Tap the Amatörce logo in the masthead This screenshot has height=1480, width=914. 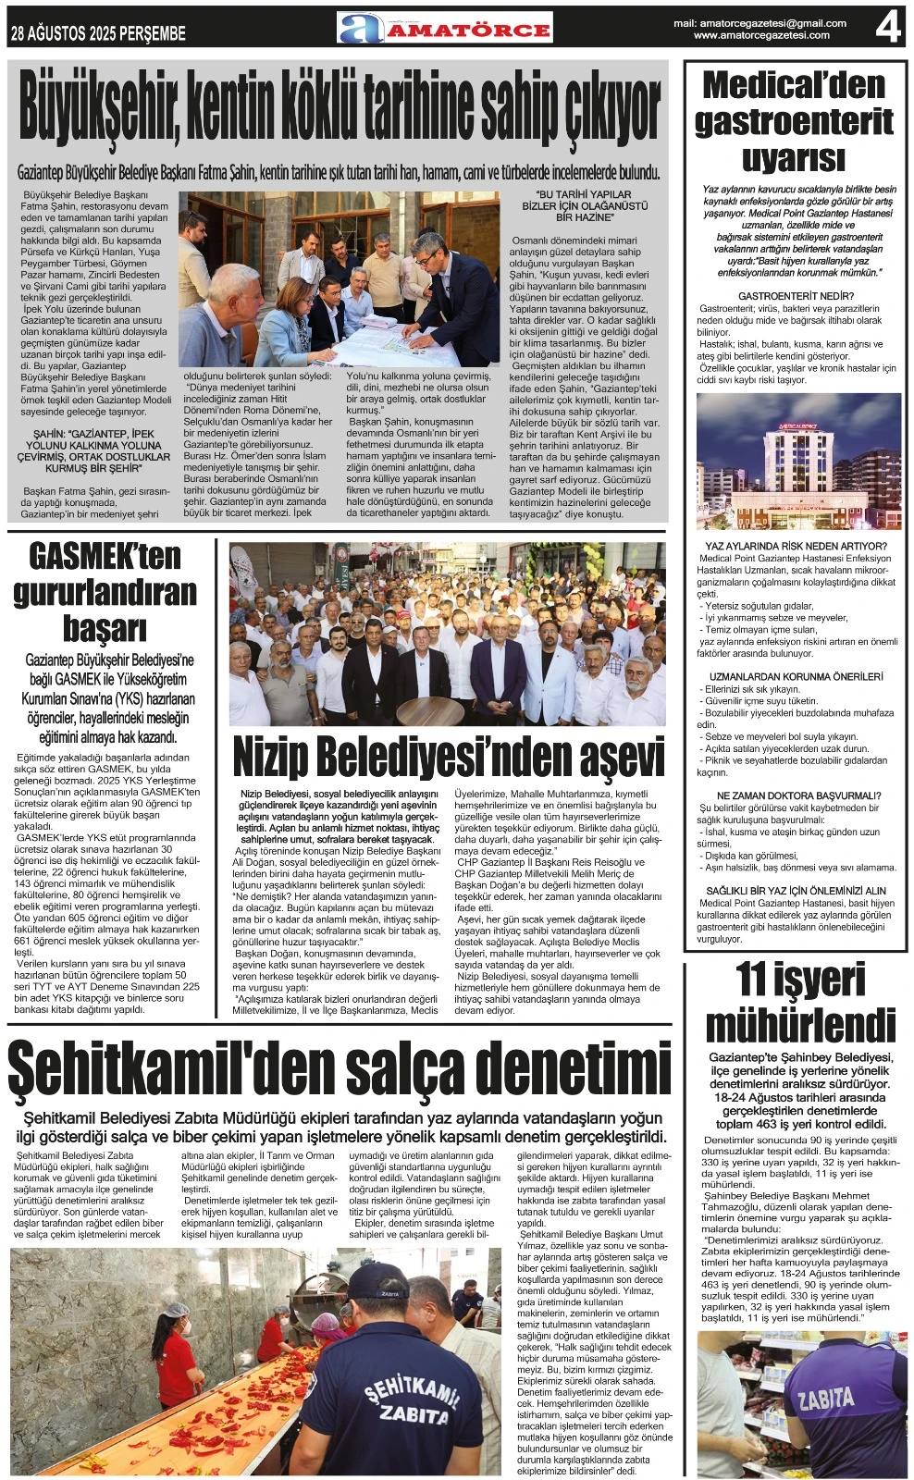[x=445, y=29]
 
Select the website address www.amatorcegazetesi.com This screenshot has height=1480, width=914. [x=760, y=36]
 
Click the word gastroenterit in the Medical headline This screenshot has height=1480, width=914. [x=794, y=122]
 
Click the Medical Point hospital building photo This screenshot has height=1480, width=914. [x=798, y=461]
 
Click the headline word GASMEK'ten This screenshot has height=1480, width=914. [x=105, y=557]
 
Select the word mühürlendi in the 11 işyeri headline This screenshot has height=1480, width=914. [x=800, y=1025]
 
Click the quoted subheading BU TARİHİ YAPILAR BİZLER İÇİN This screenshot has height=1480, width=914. [x=585, y=206]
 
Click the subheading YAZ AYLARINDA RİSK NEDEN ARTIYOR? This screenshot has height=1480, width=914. [x=796, y=547]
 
